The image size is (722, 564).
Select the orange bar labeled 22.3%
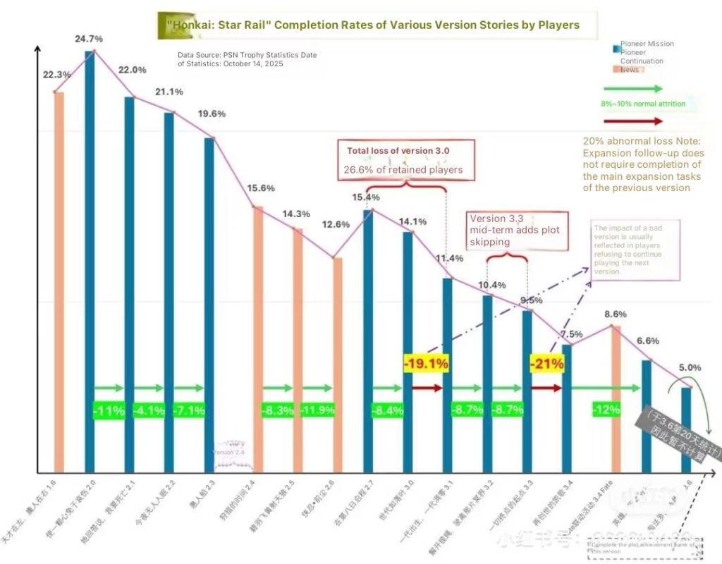click(x=59, y=282)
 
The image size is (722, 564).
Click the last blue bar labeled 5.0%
click(x=686, y=429)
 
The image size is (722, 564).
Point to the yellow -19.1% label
click(x=426, y=364)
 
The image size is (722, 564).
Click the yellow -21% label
click(x=547, y=364)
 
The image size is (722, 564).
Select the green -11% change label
click(x=109, y=410)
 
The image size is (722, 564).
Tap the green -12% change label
click(x=606, y=410)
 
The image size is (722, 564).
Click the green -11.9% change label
click(x=316, y=410)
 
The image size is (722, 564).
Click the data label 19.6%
click(x=212, y=114)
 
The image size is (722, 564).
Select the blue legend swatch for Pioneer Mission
click(x=616, y=48)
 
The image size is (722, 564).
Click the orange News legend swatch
click(x=616, y=70)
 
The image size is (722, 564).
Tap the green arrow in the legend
click(x=633, y=89)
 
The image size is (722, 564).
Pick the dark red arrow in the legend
click(x=633, y=121)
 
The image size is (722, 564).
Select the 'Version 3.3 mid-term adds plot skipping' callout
click(x=519, y=230)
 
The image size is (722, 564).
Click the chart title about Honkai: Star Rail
click(x=373, y=25)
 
